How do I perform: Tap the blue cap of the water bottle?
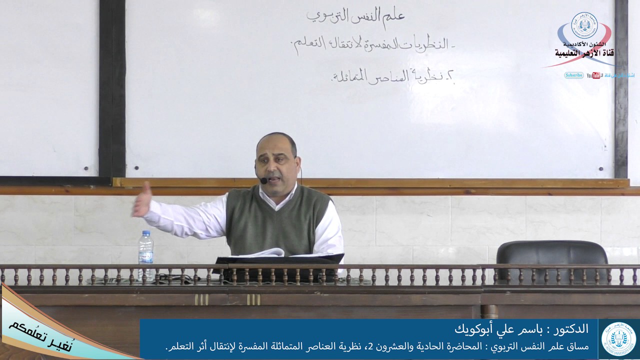coord(145,233)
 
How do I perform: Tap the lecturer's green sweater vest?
coord(277,220)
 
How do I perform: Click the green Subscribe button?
coord(573,75)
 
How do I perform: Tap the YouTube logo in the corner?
coord(594,75)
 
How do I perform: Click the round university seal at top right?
coord(584,25)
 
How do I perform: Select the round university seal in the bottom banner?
coord(618,339)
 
